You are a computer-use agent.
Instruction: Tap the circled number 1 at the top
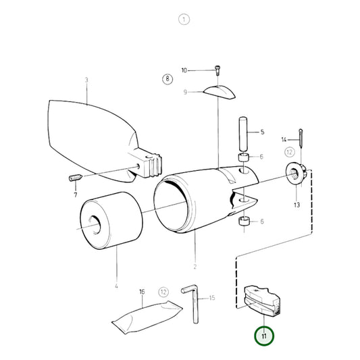[184, 20]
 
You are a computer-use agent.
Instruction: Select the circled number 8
[168, 79]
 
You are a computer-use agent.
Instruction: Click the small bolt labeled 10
[216, 70]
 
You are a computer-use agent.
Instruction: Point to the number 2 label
[195, 267]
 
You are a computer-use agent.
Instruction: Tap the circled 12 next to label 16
[163, 292]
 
